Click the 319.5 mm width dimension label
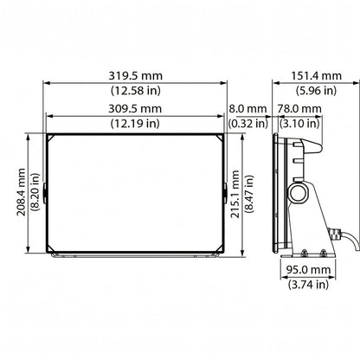(x=135, y=76)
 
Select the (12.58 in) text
(x=136, y=91)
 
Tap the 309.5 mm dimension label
(x=135, y=109)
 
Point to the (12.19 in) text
(x=135, y=124)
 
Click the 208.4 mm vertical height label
(x=21, y=192)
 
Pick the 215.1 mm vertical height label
(x=235, y=194)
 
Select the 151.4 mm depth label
(x=316, y=76)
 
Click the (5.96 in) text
(x=316, y=91)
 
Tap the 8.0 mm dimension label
(x=247, y=109)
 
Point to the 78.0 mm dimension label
(x=299, y=109)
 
